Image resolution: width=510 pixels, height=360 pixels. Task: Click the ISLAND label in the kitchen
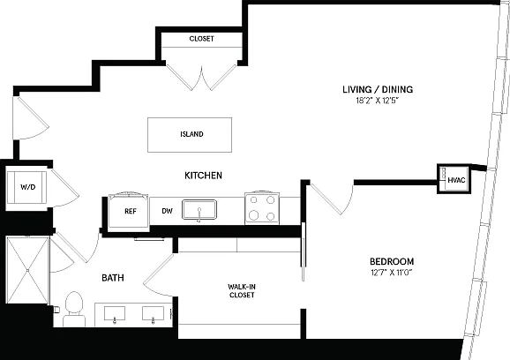[191, 134]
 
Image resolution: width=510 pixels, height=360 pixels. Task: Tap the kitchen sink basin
[199, 209]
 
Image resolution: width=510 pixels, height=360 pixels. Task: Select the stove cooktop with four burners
[262, 208]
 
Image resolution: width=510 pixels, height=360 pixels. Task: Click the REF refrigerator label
[131, 212]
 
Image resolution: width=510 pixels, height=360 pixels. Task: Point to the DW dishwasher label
[167, 211]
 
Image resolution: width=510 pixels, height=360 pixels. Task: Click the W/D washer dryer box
[27, 187]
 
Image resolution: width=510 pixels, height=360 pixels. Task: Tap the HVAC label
[456, 180]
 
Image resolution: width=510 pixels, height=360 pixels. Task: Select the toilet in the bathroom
[74, 309]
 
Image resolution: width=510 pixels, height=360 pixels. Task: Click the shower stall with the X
[28, 270]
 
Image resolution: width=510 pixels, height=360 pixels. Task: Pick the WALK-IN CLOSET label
[242, 290]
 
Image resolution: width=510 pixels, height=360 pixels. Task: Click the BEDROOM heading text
[392, 261]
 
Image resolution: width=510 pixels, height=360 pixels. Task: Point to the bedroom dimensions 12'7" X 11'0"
[392, 273]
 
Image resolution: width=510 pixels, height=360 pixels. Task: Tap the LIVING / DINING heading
[378, 89]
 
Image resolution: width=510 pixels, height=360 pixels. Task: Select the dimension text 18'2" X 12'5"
[378, 101]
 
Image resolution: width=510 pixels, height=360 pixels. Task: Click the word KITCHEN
[203, 176]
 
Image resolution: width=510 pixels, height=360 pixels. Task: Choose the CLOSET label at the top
[202, 39]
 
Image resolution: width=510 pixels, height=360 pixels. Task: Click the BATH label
[113, 278]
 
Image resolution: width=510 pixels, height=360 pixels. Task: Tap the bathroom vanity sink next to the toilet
[115, 314]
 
